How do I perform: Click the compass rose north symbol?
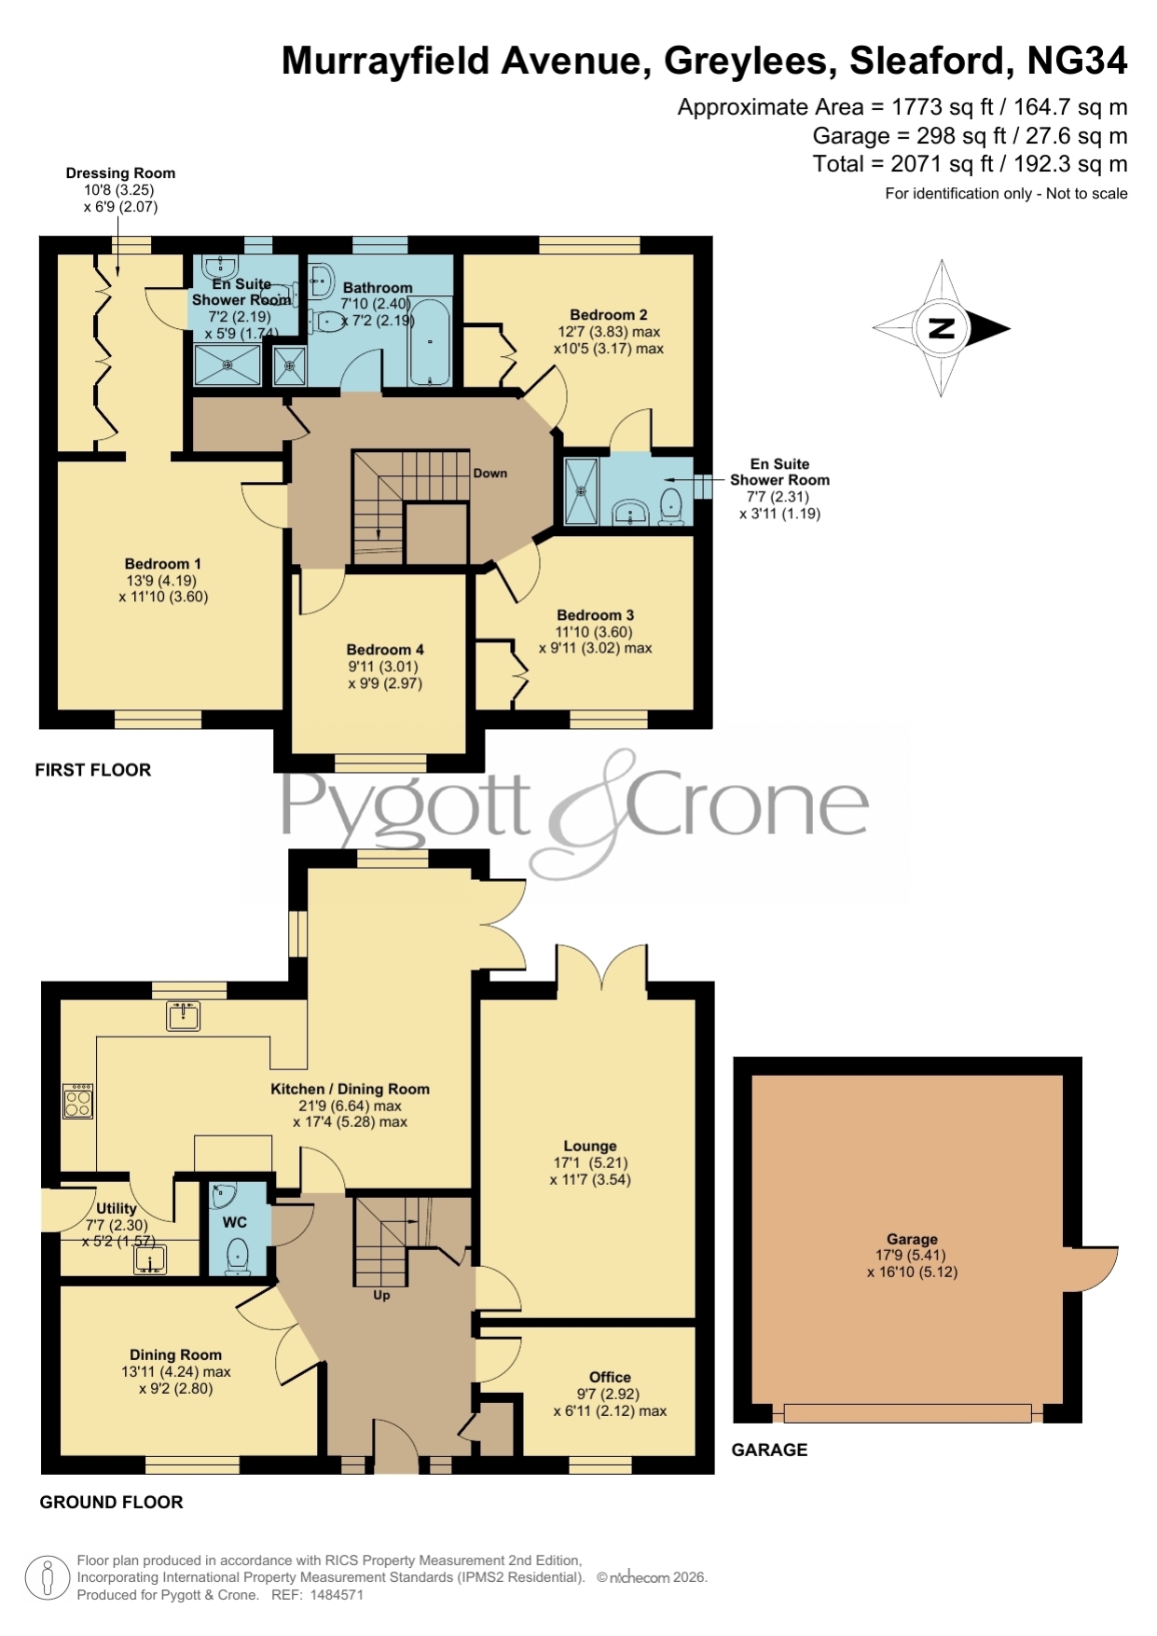coord(942,328)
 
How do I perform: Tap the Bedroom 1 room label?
coord(163,564)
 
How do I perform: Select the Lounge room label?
coord(590,1146)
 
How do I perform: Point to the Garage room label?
coord(912,1239)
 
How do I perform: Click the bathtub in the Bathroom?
coord(430,341)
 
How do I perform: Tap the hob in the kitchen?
coord(78,1101)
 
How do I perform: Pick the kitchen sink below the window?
coord(184,1015)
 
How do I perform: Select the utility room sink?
coord(150,1259)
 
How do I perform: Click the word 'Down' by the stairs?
coord(490,473)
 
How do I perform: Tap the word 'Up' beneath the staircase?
coord(381,1295)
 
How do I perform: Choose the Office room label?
coord(610,1377)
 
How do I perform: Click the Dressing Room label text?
coord(120,172)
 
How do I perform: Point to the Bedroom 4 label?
coord(385,650)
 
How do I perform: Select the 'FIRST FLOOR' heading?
coord(93,770)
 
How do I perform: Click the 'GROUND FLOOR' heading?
coord(111,1502)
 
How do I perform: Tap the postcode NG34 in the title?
coord(1077,61)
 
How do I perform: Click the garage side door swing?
coord(1092,1270)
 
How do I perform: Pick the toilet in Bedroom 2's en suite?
coord(671,505)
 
